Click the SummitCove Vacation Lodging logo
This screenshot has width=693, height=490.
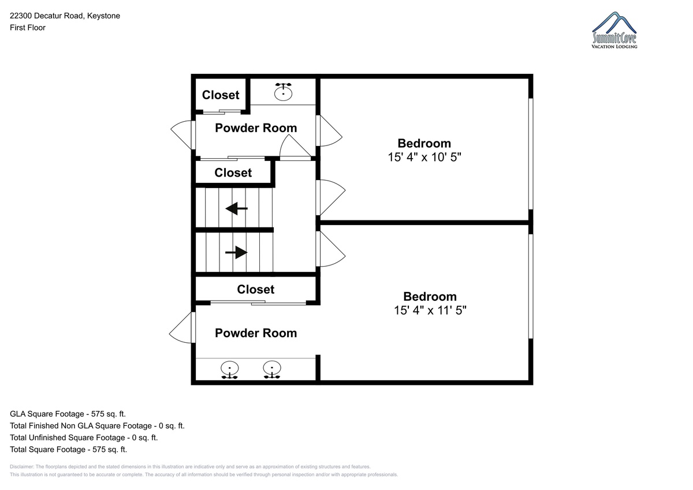coord(614,30)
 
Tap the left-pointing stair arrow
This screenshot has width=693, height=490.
coord(237,209)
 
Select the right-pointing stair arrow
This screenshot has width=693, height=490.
coord(236,252)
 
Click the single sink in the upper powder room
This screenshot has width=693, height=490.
coord(283,92)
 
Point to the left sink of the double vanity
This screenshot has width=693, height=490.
coord(230,370)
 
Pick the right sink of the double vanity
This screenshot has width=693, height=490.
coord(272,370)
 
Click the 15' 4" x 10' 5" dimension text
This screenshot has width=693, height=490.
coord(424,157)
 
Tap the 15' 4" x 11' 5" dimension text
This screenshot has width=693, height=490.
coord(430,310)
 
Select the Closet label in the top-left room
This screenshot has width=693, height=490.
coord(221,95)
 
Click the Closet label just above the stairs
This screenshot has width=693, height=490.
coord(233,173)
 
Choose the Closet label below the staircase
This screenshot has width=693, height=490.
coord(255,289)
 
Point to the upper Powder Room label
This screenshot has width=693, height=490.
coord(256,128)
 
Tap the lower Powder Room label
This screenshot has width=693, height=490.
coord(256,333)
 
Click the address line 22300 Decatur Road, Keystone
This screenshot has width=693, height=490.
coord(65,16)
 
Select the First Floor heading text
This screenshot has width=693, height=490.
coord(28,28)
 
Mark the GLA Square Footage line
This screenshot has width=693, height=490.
coord(68,414)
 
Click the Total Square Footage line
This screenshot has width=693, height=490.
coord(68,449)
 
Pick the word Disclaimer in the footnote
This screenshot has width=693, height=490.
coord(22,466)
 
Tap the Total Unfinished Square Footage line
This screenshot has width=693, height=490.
coord(84,437)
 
